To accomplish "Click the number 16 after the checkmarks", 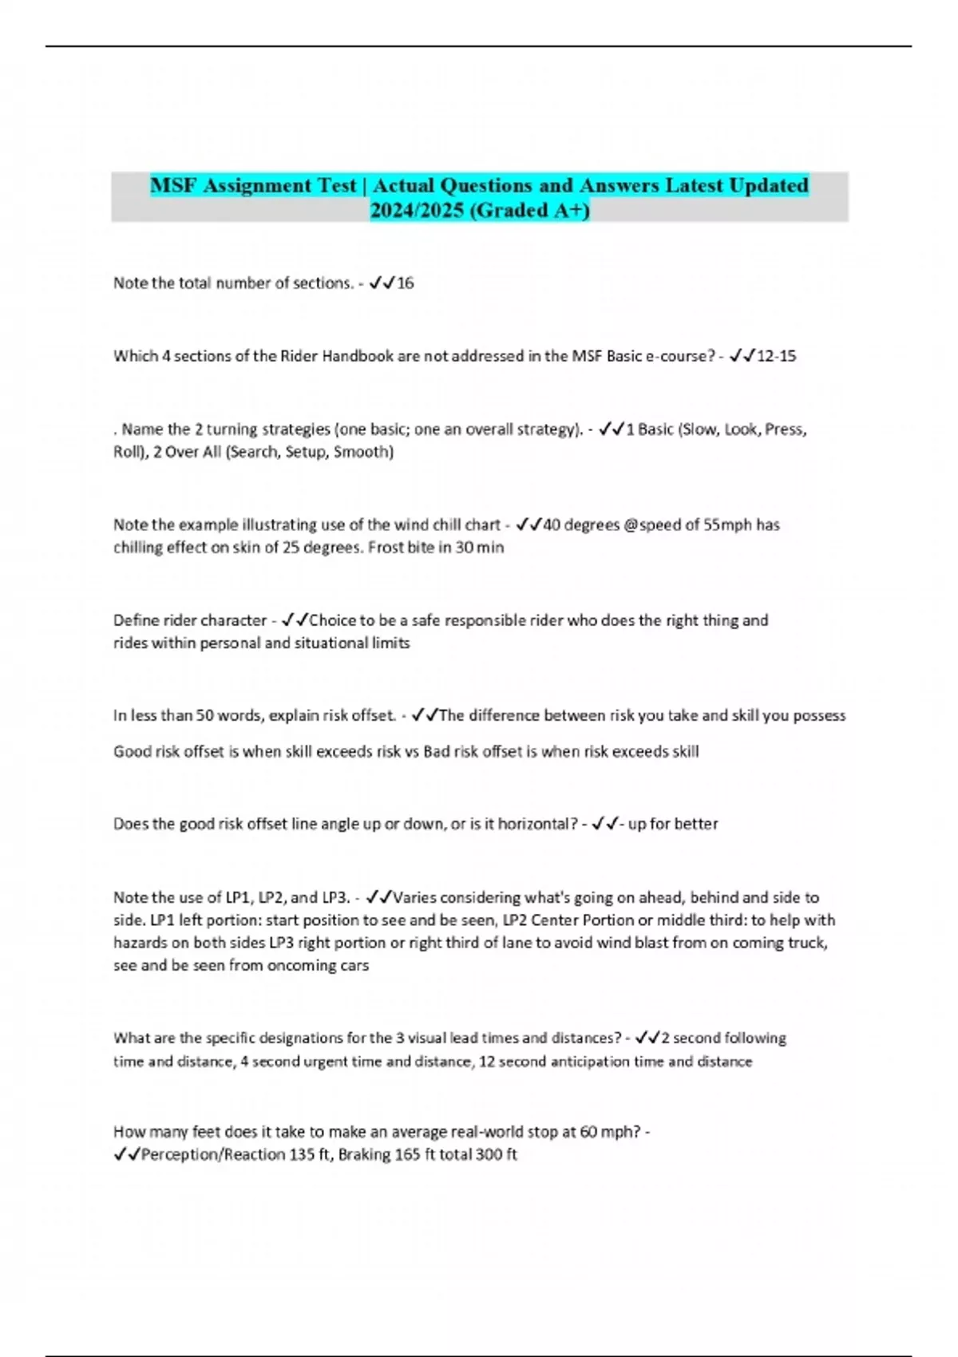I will pos(406,283).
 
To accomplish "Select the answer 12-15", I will pos(776,356).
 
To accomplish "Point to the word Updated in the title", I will pos(769,186).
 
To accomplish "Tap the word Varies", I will pos(415,898).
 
